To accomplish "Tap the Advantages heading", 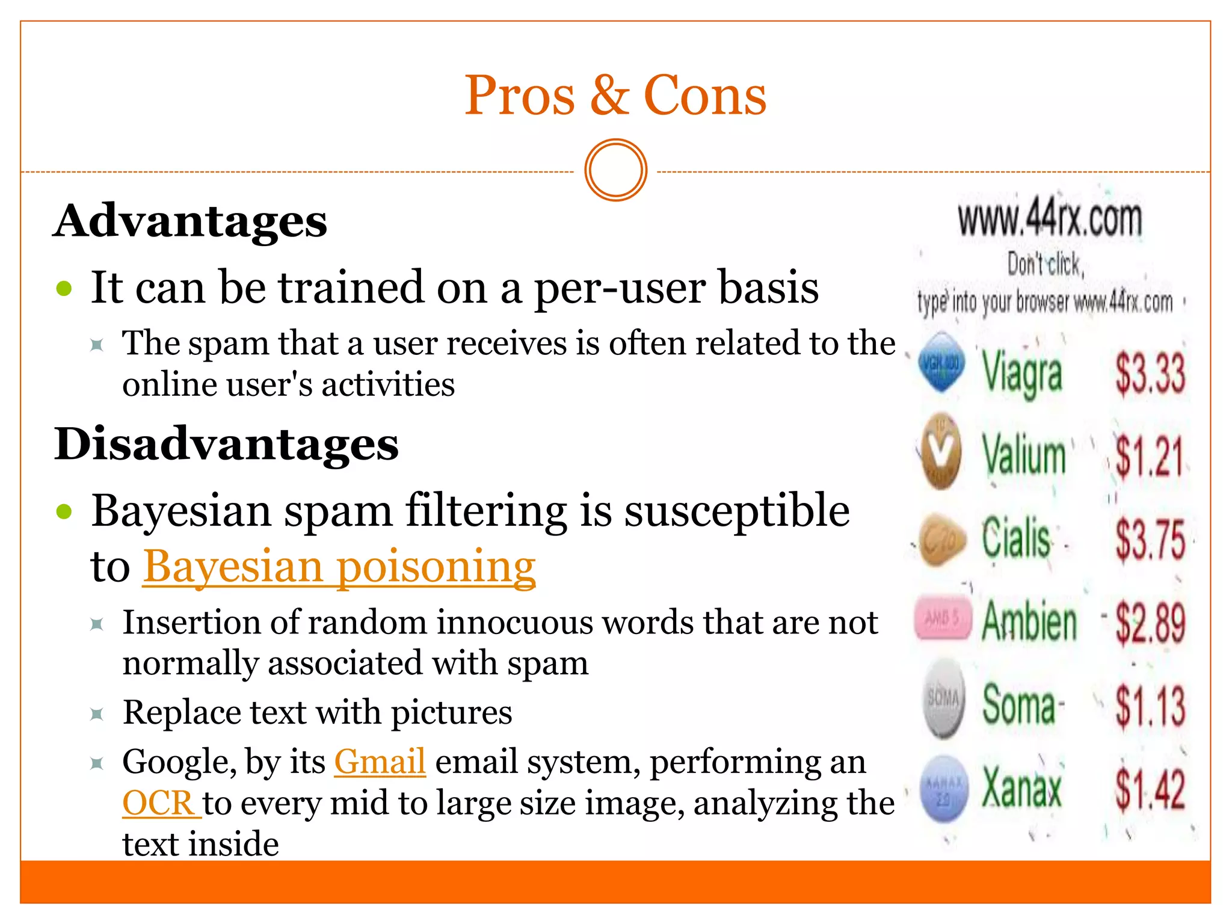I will pyautogui.click(x=190, y=221).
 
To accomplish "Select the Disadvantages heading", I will pyautogui.click(x=226, y=444).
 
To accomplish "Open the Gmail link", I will pyautogui.click(x=380, y=762).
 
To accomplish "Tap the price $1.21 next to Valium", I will pyautogui.click(x=1149, y=455).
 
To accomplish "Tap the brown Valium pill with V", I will pyautogui.click(x=941, y=451).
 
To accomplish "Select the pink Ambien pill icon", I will pyautogui.click(x=943, y=618).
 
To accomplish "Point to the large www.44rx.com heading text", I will pyautogui.click(x=1050, y=219).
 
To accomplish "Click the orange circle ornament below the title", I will pyautogui.click(x=615, y=170).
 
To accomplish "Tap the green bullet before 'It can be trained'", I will pyautogui.click(x=64, y=289).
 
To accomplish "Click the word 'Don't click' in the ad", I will pyautogui.click(x=1046, y=265).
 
